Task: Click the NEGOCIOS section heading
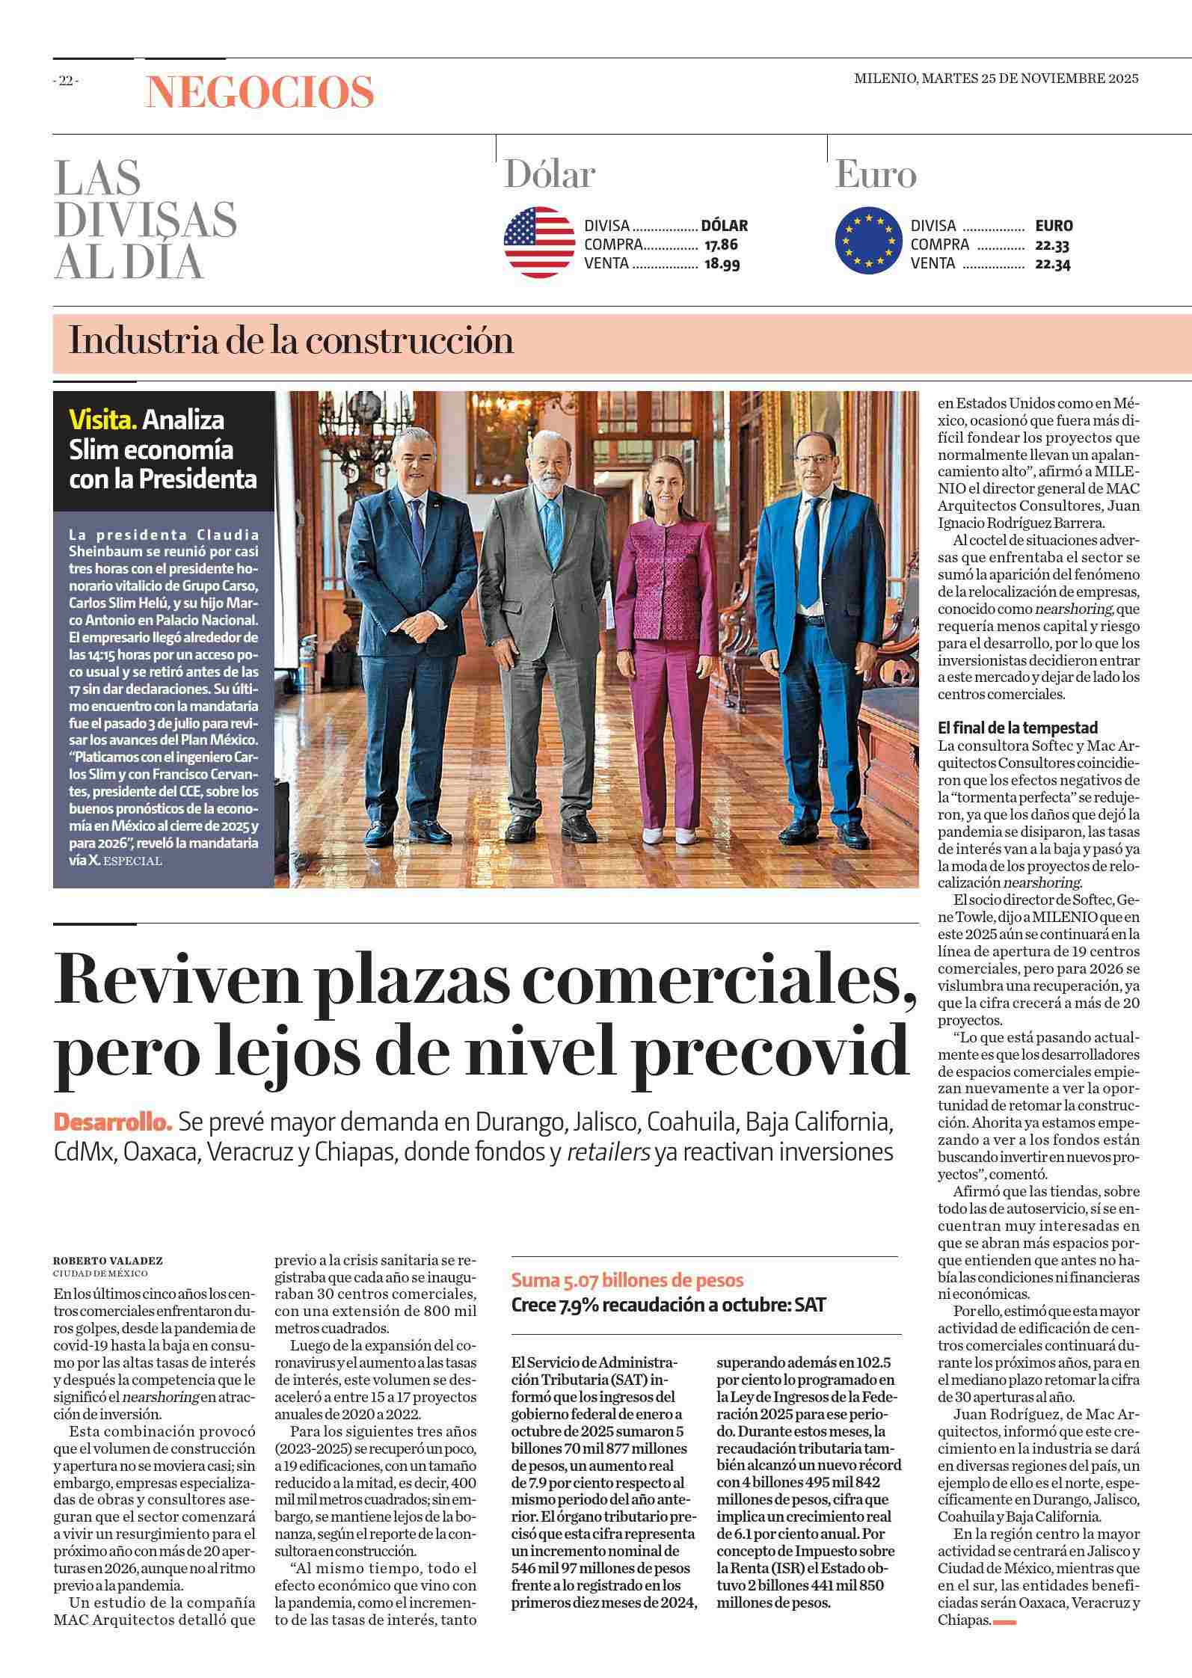pyautogui.click(x=259, y=93)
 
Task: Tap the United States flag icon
pyautogui.click(x=538, y=243)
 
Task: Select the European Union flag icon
pyautogui.click(x=868, y=241)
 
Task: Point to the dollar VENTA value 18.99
pyautogui.click(x=722, y=263)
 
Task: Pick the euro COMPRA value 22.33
pyautogui.click(x=1053, y=245)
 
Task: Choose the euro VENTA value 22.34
pyautogui.click(x=1053, y=263)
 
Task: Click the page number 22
pyautogui.click(x=66, y=82)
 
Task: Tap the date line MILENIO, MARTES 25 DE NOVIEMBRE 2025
pyautogui.click(x=996, y=79)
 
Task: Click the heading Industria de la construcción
pyautogui.click(x=291, y=341)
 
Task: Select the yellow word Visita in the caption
pyautogui.click(x=103, y=419)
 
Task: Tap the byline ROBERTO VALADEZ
pyautogui.click(x=108, y=1260)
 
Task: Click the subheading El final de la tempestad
pyautogui.click(x=1018, y=727)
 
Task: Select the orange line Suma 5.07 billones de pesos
pyautogui.click(x=627, y=1279)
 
